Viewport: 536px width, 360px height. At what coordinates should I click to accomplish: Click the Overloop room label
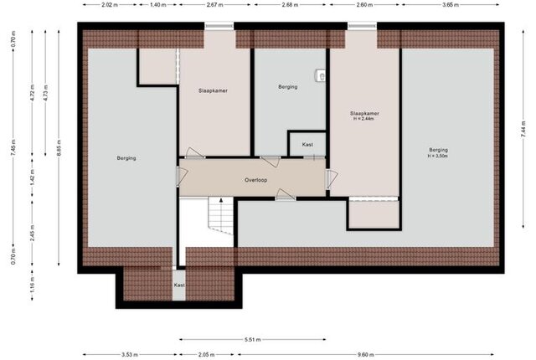[x=255, y=180]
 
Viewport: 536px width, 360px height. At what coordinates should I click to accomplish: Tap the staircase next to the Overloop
[x=221, y=215]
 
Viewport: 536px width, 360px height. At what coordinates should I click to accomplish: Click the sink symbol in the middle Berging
[x=320, y=75]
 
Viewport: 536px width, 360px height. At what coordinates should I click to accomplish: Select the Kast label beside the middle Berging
[x=307, y=145]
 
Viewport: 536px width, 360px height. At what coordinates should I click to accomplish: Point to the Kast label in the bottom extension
[x=179, y=285]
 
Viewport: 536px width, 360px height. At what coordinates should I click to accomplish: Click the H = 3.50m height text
[x=438, y=156]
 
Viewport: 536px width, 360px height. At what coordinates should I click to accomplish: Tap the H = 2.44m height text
[x=364, y=119]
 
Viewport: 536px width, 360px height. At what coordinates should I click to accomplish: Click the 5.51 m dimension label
[x=253, y=340]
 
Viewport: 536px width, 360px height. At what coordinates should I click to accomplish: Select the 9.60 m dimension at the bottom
[x=365, y=354]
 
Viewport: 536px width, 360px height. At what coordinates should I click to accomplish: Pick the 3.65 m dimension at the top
[x=451, y=5]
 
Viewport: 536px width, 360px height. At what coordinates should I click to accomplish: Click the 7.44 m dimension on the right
[x=523, y=130]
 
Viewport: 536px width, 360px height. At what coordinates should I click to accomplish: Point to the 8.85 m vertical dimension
[x=59, y=147]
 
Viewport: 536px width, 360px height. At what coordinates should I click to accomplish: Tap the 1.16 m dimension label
[x=32, y=285]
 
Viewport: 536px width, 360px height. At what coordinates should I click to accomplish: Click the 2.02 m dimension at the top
[x=110, y=5]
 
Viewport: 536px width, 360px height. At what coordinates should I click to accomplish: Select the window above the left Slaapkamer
[x=219, y=26]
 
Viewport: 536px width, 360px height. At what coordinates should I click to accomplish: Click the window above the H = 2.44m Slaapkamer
[x=363, y=26]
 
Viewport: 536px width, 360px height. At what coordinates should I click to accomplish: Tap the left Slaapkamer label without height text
[x=213, y=90]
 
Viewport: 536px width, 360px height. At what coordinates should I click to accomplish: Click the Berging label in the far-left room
[x=126, y=158]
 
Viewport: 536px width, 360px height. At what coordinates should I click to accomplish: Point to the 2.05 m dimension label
[x=207, y=354]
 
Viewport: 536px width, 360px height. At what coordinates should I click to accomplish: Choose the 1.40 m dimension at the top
[x=158, y=5]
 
